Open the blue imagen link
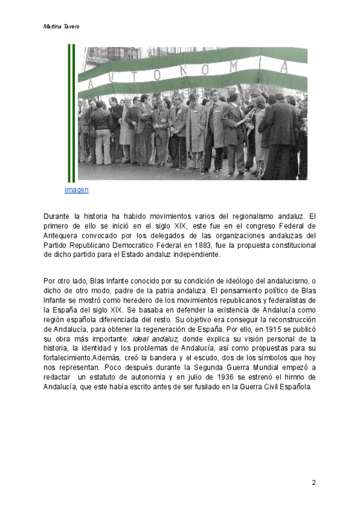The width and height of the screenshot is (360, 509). (77, 190)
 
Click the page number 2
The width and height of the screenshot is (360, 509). (313, 483)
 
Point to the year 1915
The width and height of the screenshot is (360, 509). (279, 329)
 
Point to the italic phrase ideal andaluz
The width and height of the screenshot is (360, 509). (154, 339)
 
